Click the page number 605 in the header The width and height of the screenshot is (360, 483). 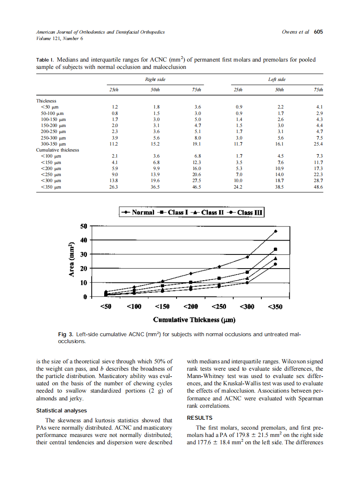318,32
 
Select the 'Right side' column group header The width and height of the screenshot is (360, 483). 155,80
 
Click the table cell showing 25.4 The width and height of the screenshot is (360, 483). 319,144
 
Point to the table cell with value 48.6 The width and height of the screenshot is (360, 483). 319,187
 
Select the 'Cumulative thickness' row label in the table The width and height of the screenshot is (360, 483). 57,150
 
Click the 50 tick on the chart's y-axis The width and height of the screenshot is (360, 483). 84,226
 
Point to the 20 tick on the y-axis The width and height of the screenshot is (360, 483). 84,269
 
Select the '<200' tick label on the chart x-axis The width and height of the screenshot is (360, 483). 190,307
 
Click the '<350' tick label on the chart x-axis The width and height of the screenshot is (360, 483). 275,307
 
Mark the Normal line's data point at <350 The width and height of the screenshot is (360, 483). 276,231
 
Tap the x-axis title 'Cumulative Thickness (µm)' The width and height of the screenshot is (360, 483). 194,320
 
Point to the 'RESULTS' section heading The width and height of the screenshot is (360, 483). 199,418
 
